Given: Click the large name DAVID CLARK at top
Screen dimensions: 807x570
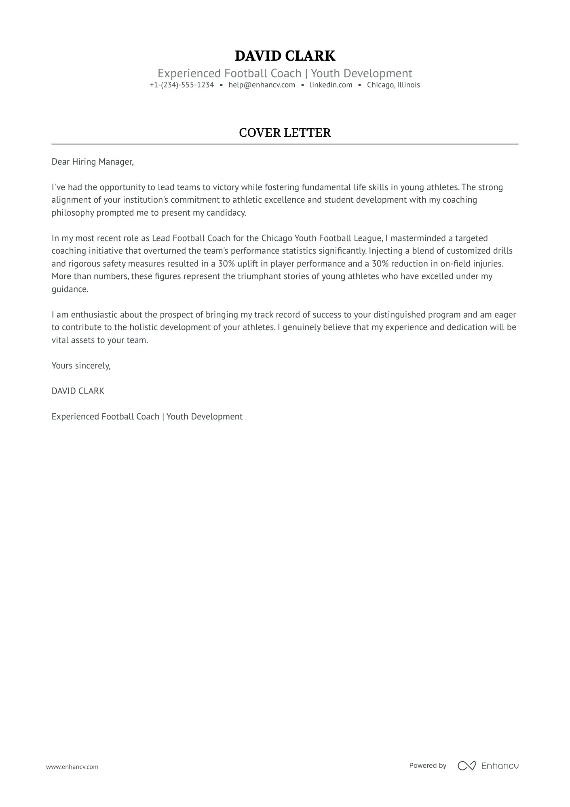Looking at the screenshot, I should pos(285,56).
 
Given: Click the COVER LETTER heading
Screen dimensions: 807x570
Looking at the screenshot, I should pos(285,133).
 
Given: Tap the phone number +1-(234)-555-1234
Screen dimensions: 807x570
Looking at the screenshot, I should pos(182,85).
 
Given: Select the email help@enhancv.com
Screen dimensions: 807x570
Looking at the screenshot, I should pos(262,85).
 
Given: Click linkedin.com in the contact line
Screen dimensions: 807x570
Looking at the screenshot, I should pos(331,85).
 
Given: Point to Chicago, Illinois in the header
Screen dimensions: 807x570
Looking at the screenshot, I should pos(393,85).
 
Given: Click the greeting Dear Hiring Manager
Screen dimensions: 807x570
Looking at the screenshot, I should pos(92,162).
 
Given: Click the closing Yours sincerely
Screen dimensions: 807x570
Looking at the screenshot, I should pos(81,366).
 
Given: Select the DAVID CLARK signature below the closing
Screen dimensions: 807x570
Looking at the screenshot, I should pos(78,391).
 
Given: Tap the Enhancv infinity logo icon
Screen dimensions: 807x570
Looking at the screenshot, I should pos(467,766).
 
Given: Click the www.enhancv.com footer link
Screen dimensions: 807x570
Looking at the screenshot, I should pos(72,767).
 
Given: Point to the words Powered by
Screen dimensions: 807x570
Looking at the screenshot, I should pos(427,765).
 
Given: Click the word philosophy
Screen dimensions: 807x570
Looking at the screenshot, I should pos(73,213).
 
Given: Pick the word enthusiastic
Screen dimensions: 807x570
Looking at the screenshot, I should pos(94,315).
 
